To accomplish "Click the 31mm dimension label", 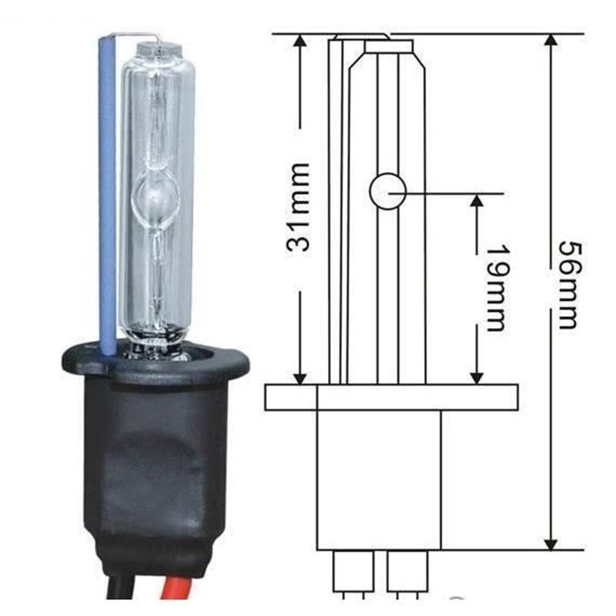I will click(x=298, y=206).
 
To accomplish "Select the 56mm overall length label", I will click(x=567, y=284).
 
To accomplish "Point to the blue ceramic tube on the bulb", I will click(x=107, y=192).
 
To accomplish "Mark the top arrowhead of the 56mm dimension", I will click(x=551, y=42).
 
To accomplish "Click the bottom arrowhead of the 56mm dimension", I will click(x=551, y=542).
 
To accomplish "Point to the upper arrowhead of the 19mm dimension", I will click(x=477, y=202).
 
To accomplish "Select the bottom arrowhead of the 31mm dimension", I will click(x=300, y=377).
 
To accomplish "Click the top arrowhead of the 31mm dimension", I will click(x=300, y=42).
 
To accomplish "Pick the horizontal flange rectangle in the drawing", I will click(x=391, y=397).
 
